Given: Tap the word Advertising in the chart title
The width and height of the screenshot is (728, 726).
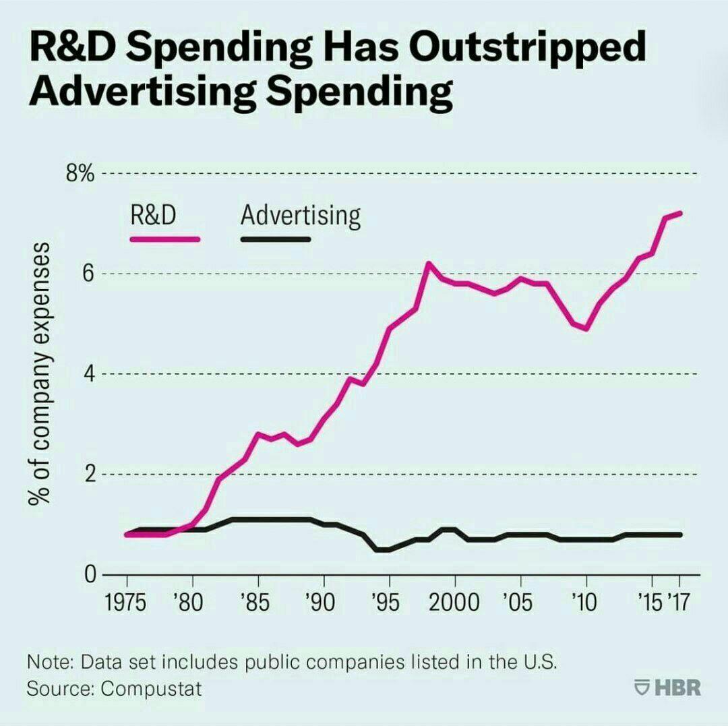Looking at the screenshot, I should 134,94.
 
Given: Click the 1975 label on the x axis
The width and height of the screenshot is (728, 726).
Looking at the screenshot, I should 127,601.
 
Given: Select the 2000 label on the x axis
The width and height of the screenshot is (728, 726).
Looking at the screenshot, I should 455,601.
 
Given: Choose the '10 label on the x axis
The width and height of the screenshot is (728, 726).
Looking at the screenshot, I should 584,601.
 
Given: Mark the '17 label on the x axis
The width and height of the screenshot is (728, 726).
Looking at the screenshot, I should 678,601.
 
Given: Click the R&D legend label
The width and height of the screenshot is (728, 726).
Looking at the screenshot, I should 154,216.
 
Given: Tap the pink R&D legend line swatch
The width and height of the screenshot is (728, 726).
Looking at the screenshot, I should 165,239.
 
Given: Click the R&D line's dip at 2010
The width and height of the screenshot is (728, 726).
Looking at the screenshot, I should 586,328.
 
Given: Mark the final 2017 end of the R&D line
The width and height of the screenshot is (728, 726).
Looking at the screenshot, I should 679,213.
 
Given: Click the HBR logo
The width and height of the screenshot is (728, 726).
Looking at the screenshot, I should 668,688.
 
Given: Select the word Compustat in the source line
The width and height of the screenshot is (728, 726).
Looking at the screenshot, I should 152,689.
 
